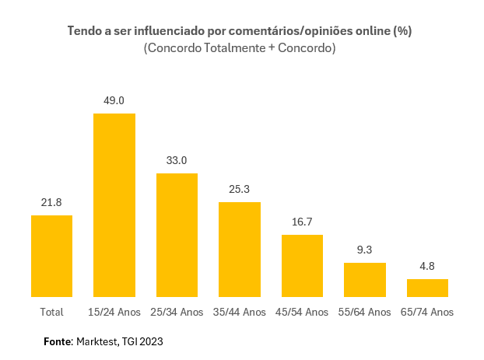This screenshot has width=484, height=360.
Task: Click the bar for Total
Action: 51,256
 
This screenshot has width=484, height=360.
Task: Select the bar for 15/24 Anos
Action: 114,205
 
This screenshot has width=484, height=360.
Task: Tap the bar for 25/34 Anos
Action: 177,235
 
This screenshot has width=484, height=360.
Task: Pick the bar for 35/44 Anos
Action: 240,249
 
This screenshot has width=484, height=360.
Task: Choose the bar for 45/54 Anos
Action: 302,265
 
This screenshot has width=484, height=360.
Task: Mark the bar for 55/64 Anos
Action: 365,279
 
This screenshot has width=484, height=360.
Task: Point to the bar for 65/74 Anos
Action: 427,288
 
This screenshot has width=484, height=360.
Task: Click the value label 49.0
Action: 114,100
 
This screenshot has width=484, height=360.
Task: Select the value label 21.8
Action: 51,202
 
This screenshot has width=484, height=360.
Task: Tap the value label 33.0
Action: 177,160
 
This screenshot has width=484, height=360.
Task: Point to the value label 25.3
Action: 240,189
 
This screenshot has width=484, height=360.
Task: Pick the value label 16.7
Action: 302,222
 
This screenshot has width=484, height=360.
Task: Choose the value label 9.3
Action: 365,250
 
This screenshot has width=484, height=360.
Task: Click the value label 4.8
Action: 427,266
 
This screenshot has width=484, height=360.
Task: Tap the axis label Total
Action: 51,312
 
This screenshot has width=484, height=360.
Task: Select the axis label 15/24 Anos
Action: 114,312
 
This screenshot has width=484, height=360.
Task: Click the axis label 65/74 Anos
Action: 427,312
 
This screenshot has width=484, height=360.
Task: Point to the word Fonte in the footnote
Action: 57,341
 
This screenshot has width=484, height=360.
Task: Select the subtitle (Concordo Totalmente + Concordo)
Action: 240,48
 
